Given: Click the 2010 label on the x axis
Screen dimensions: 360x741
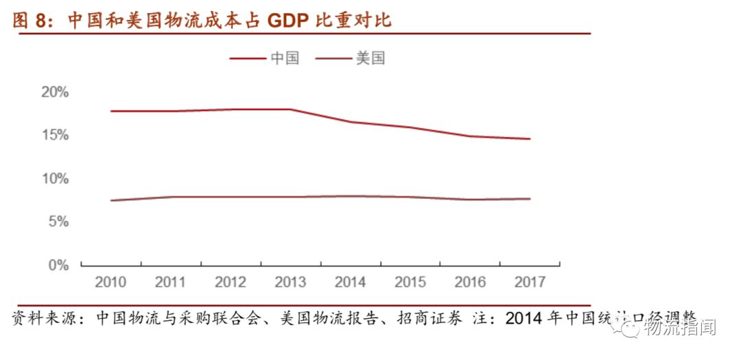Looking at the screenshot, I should tap(110, 282).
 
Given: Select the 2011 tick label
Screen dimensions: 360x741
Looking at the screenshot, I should tap(170, 282).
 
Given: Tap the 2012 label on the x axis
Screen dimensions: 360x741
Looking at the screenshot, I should tap(230, 282).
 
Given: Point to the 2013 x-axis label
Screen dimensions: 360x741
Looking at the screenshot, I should tap(290, 282).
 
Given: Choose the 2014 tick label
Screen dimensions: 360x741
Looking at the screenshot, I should tap(350, 282).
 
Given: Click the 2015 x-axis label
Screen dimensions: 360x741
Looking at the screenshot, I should tap(410, 282).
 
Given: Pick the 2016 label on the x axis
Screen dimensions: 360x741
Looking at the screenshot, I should tap(470, 282).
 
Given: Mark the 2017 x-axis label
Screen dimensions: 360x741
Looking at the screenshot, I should tap(530, 282).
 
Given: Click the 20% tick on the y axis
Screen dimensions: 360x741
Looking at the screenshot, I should tap(54, 93).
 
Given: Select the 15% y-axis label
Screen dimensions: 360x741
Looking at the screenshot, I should tap(54, 136).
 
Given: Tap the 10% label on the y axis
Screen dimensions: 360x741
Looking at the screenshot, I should tap(54, 179).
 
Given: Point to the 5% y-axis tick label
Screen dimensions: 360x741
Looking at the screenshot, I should tap(58, 222).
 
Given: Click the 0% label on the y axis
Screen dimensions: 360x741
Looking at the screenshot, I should tap(58, 265).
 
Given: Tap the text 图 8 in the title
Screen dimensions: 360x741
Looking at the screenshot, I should tap(30, 21).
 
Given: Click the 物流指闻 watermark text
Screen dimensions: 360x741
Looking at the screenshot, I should tap(681, 328).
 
